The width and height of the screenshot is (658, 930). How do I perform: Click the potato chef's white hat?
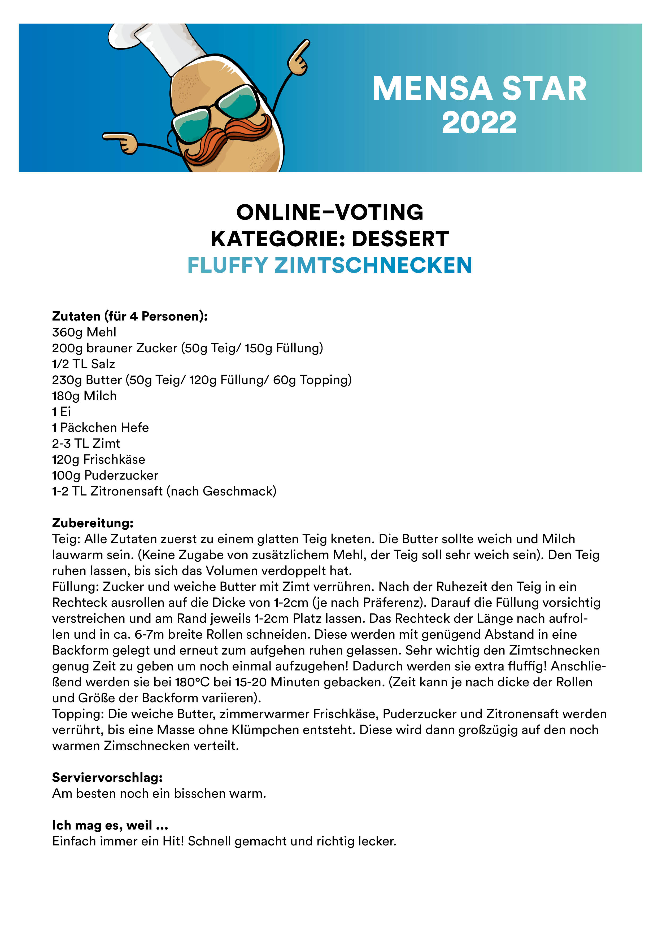tap(162, 45)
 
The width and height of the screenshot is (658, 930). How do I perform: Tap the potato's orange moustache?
tap(227, 140)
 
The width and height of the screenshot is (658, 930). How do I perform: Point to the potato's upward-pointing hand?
tap(299, 58)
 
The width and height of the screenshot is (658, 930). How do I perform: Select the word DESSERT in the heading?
tap(400, 239)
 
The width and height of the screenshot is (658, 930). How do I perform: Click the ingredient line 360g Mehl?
tap(84, 332)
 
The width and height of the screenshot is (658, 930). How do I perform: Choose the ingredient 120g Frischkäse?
tap(98, 459)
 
